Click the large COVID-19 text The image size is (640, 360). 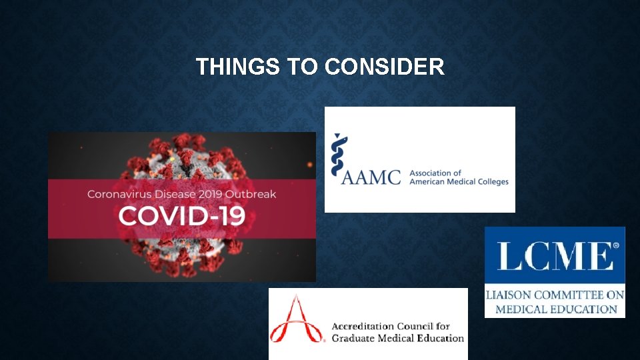pyautogui.click(x=182, y=216)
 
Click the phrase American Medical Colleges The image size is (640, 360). pyautogui.click(x=459, y=182)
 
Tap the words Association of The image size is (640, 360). pyautogui.click(x=435, y=173)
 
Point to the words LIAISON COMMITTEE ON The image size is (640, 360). pyautogui.click(x=555, y=295)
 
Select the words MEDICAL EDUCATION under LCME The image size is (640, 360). pyautogui.click(x=556, y=309)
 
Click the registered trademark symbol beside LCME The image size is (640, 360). pyautogui.click(x=615, y=246)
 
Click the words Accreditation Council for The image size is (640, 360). pyautogui.click(x=391, y=327)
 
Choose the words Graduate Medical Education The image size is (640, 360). pyautogui.click(x=398, y=338)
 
